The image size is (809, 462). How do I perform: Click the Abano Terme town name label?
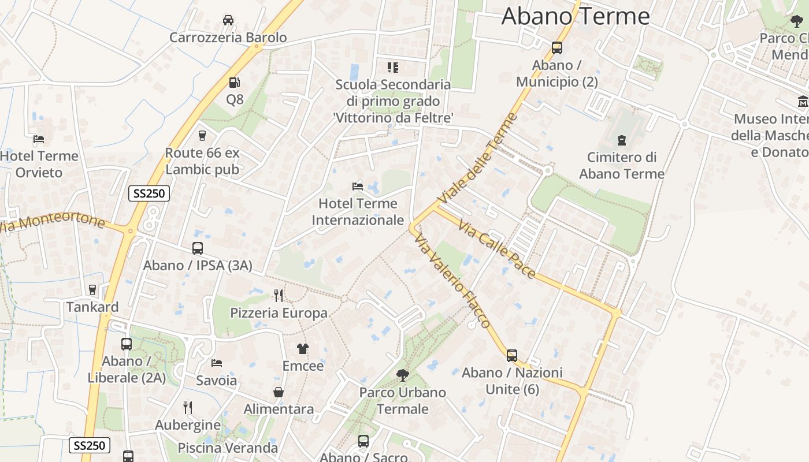576,16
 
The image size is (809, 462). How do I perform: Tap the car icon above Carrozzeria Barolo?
228,20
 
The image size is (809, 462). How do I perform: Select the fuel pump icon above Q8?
234,83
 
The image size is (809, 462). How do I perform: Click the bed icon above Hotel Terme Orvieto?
39,139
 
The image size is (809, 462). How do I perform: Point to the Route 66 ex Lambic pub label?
202,161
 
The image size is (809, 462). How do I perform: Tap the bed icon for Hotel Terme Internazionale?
358,186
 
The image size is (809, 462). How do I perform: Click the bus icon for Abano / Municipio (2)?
557,48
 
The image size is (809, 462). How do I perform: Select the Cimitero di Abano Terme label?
622,165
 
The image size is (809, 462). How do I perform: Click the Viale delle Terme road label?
477,159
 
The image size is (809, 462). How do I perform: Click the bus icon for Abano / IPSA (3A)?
198,248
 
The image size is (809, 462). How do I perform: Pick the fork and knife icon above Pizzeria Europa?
279,296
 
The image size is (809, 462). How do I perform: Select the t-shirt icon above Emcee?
303,348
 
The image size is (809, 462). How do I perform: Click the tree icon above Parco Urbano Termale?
402,375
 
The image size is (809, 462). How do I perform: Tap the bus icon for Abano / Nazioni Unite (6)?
512,355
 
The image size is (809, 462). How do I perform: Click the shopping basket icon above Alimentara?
279,392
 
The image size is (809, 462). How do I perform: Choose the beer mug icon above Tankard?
92,290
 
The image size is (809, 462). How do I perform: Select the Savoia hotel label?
217,381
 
